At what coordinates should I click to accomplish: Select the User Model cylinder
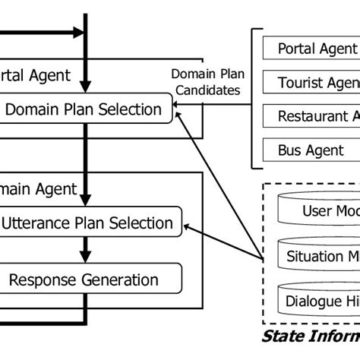tap(319, 210)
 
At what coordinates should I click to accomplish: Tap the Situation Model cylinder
tap(319, 255)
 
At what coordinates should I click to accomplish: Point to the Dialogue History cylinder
tap(319, 301)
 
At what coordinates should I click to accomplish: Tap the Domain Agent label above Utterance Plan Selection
tap(38, 188)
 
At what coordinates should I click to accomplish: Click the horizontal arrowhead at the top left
tap(77, 33)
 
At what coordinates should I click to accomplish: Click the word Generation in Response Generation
tap(122, 279)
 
